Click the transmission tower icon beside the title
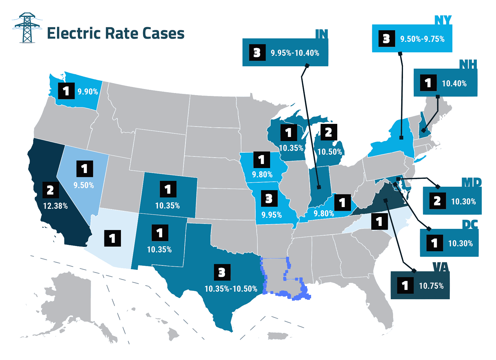click(27, 28)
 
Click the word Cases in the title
click(163, 33)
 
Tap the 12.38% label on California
click(55, 206)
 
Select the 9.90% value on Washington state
click(88, 92)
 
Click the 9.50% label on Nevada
click(83, 186)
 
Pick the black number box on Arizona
click(113, 238)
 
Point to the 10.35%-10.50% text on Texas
click(231, 289)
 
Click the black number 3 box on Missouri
click(269, 199)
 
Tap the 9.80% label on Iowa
click(262, 175)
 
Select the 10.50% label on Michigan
click(329, 152)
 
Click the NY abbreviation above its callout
click(443, 20)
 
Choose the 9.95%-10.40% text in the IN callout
click(295, 53)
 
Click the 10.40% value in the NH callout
click(454, 84)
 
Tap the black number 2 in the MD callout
click(437, 201)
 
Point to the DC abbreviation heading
click(470, 224)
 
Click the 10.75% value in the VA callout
click(431, 286)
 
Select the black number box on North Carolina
click(379, 222)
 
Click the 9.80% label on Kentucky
click(324, 214)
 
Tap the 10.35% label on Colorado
click(167, 206)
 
